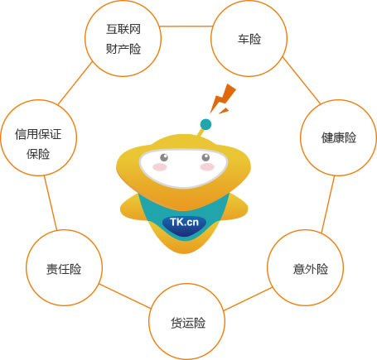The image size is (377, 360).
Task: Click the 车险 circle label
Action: pyautogui.click(x=249, y=39)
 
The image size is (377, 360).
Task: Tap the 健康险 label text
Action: pyautogui.click(x=339, y=137)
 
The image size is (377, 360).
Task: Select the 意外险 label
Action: pyautogui.click(x=311, y=269)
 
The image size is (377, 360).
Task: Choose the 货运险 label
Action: pyautogui.click(x=188, y=323)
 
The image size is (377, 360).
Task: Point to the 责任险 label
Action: pyautogui.click(x=64, y=269)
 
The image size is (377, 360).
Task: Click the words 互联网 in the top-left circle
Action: pyautogui.click(x=123, y=29)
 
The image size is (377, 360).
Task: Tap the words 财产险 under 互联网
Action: pyautogui.click(x=123, y=49)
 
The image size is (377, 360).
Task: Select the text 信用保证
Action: pyautogui.click(x=38, y=134)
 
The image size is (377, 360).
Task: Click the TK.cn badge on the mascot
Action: pyautogui.click(x=184, y=223)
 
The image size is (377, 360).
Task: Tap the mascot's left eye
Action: pyautogui.click(x=164, y=157)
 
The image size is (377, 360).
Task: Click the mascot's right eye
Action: pyautogui.click(x=205, y=157)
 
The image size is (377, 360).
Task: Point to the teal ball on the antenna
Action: pyautogui.click(x=205, y=124)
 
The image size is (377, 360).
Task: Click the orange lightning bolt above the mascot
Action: pyautogui.click(x=223, y=98)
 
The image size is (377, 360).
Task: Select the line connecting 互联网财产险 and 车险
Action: pyautogui.click(x=186, y=26)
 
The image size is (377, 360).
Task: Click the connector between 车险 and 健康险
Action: pyautogui.click(x=302, y=81)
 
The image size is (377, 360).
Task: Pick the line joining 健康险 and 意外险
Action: pyautogui.click(x=328, y=204)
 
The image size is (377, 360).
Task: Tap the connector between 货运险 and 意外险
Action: pyautogui.click(x=248, y=299)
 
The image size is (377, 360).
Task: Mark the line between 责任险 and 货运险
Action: pyautogui.click(x=125, y=296)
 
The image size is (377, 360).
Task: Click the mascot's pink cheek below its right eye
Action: pyautogui.click(x=207, y=166)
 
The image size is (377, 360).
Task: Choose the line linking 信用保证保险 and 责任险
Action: pyautogui.click(x=51, y=203)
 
